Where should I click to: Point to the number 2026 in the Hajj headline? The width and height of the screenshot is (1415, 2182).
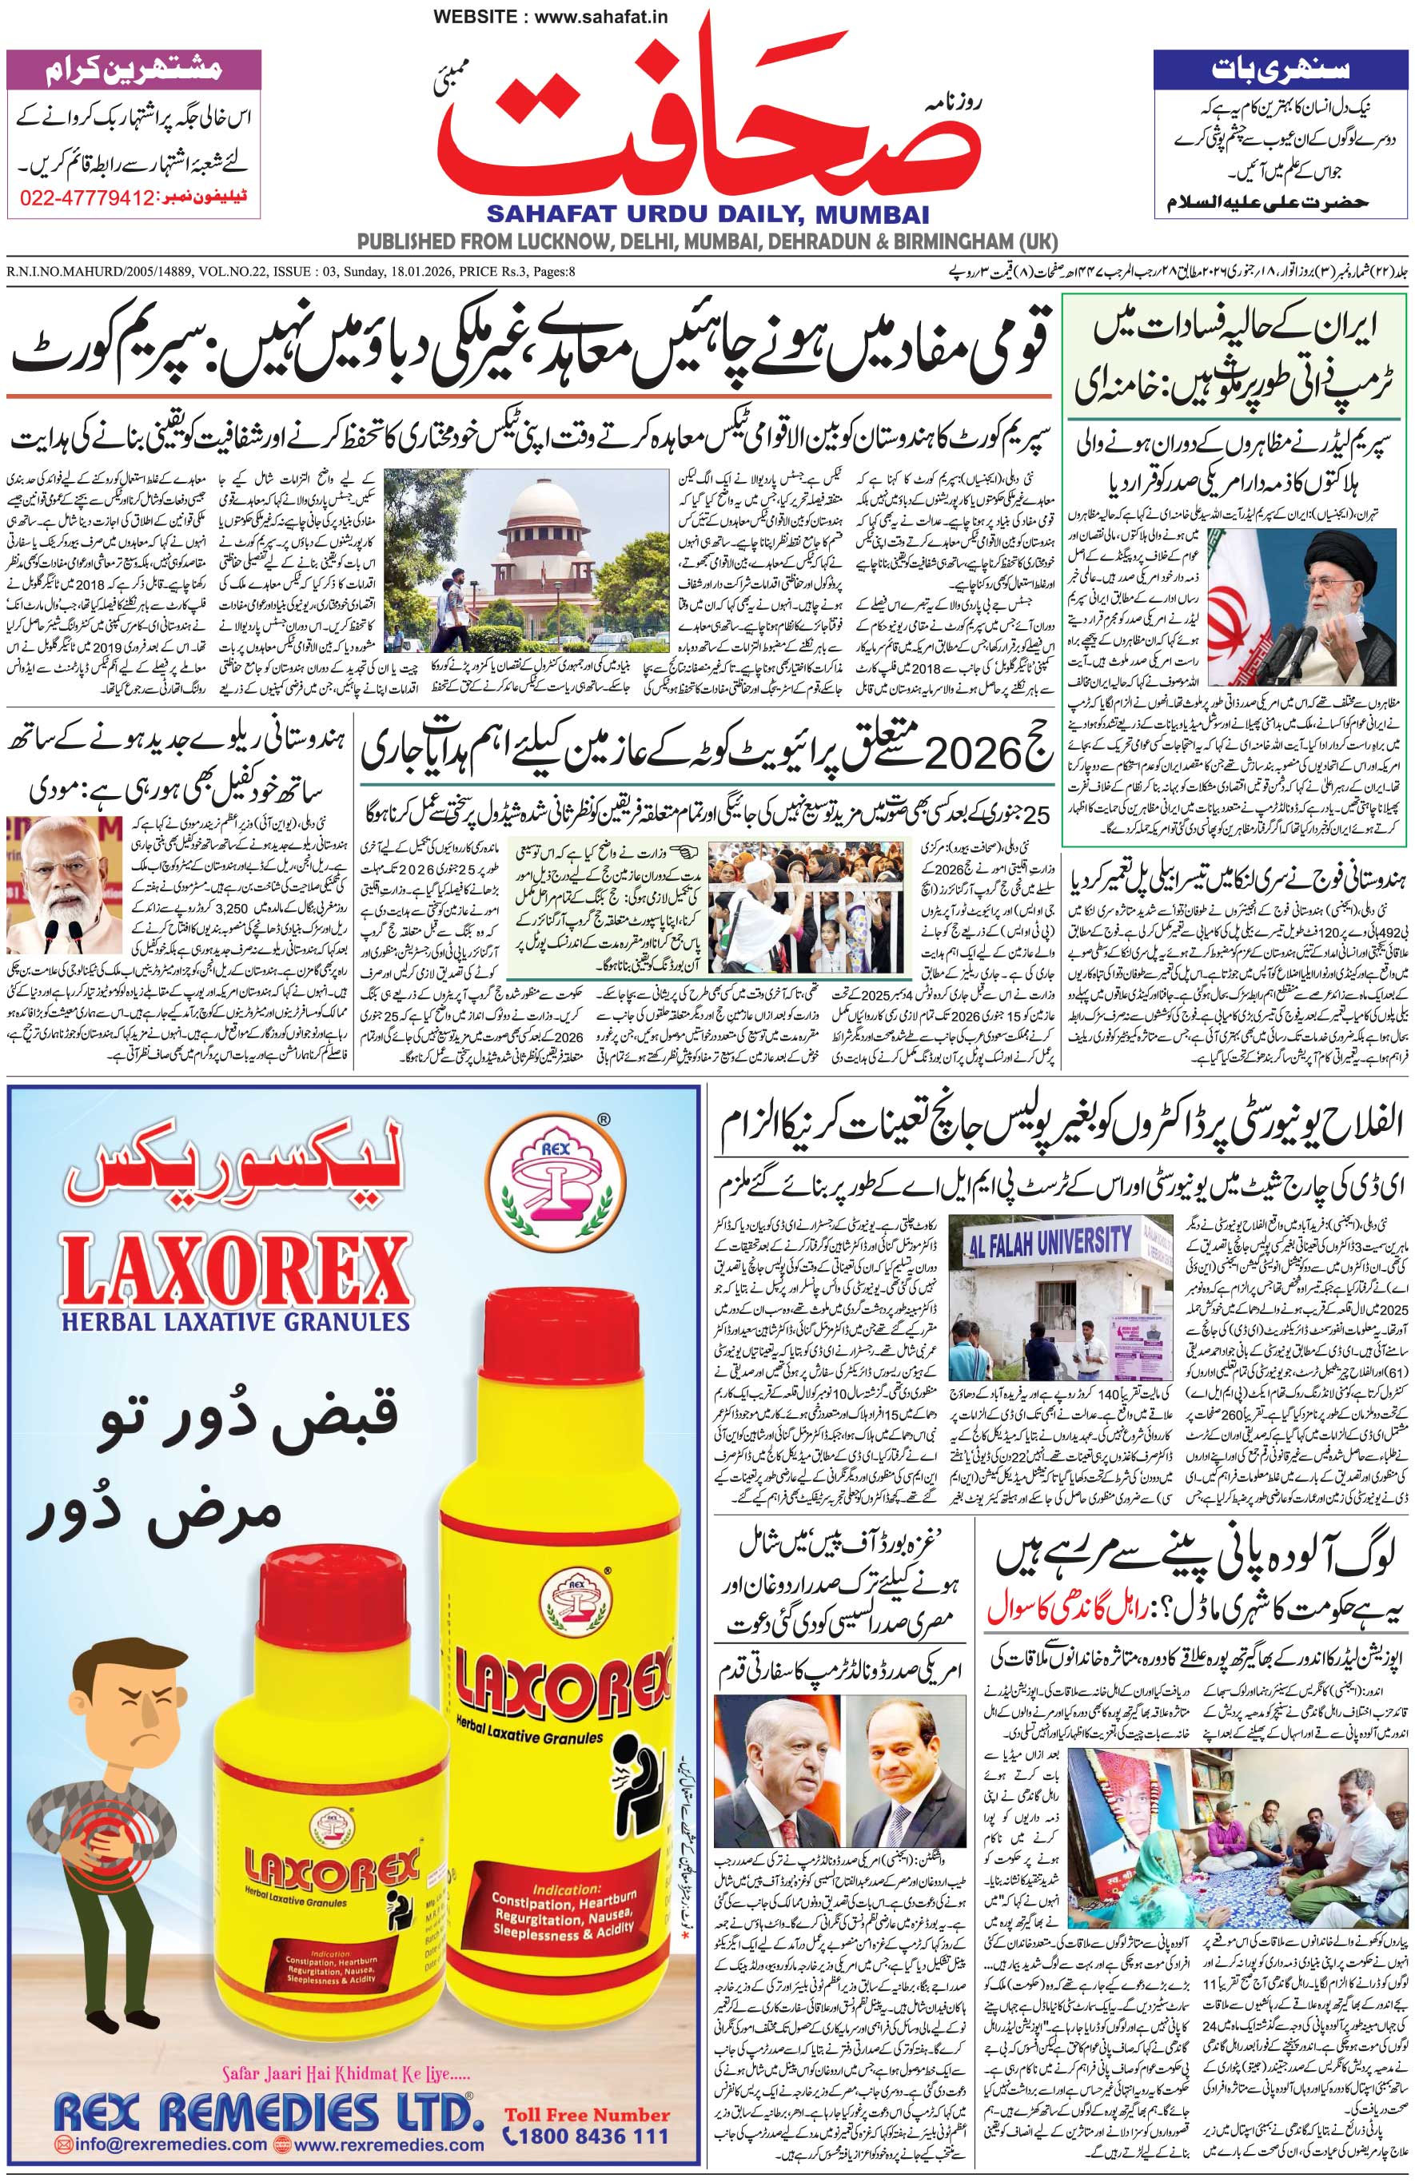pos(967,755)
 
